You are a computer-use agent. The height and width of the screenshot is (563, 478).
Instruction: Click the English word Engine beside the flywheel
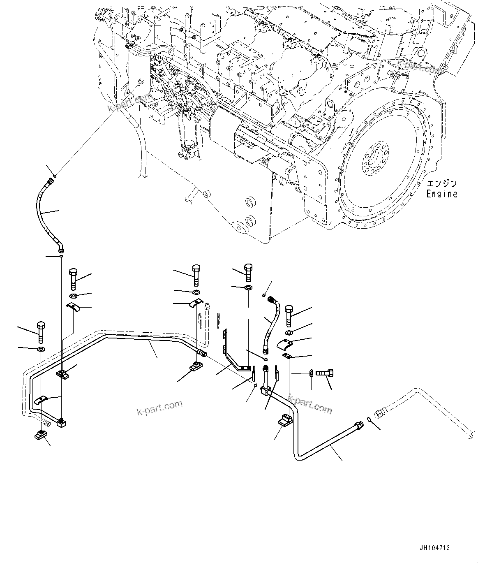pyautogui.click(x=441, y=194)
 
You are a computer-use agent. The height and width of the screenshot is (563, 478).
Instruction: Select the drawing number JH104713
pyautogui.click(x=434, y=548)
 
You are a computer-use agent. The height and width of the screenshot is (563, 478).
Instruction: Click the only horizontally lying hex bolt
pyautogui.click(x=325, y=373)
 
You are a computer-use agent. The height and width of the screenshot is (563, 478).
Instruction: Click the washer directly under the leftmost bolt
pyautogui.click(x=41, y=350)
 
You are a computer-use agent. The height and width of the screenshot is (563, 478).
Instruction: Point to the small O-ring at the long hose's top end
pyautogui.click(x=55, y=176)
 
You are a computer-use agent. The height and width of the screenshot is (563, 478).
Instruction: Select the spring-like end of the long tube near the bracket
pyautogui.click(x=202, y=352)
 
